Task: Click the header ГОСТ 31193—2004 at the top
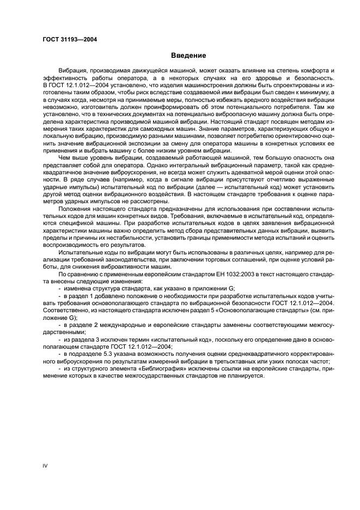(x=66, y=39)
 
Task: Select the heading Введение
(x=188, y=56)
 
